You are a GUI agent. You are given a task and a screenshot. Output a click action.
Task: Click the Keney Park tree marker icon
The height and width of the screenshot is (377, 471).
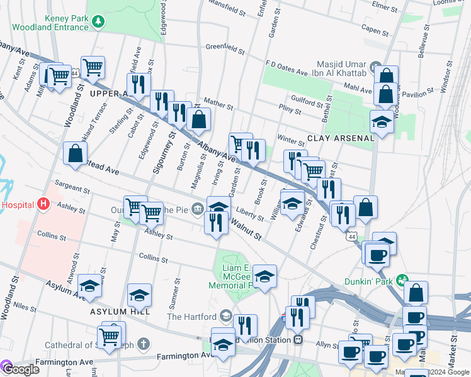[x=98, y=23]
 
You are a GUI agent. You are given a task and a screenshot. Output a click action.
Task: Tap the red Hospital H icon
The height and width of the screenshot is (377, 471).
[x=43, y=204]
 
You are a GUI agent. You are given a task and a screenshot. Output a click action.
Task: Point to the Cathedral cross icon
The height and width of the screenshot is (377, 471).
[x=144, y=344]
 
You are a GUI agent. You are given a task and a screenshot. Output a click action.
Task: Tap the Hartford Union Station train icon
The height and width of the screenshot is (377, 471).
[x=298, y=340]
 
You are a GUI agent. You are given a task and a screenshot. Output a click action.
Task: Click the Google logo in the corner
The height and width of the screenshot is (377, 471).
[x=20, y=369]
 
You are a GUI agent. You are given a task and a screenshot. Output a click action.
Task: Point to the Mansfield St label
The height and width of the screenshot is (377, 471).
[x=227, y=12]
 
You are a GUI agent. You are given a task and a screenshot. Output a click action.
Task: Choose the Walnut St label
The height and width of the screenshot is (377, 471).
[x=245, y=228]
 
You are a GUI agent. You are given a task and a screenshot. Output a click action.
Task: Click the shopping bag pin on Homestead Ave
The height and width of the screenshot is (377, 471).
[x=75, y=153]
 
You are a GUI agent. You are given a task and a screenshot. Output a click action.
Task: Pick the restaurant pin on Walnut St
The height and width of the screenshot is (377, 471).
[x=216, y=222]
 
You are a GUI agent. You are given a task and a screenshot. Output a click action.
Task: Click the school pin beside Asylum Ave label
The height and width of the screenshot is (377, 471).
[x=90, y=286]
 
